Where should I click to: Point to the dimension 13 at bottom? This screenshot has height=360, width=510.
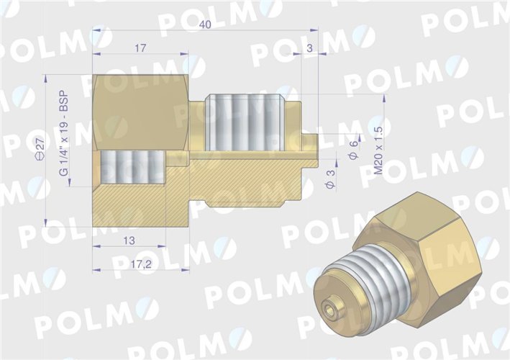tap(129, 240)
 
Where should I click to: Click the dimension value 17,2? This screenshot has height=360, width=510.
tap(141, 264)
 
